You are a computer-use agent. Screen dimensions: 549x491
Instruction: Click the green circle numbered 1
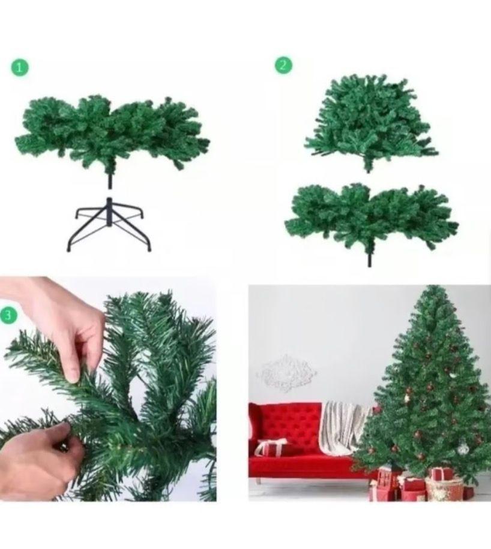point(19,67)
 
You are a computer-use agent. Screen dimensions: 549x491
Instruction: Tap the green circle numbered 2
point(283,65)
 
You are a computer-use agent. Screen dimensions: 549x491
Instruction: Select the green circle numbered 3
point(8,315)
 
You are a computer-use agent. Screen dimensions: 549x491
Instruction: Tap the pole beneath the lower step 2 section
point(369,258)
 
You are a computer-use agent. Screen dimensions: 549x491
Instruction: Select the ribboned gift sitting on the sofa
point(271,447)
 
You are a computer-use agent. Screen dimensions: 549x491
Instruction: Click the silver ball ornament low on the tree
point(463,449)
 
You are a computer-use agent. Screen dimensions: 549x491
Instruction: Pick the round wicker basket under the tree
point(444,488)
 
